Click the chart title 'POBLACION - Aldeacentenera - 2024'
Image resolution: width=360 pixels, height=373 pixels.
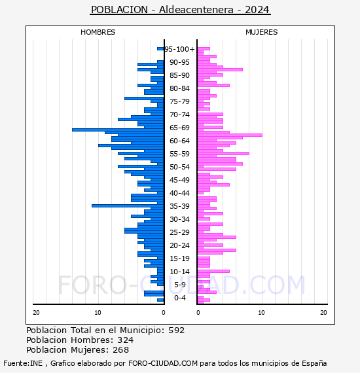[180, 10]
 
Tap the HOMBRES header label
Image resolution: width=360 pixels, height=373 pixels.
[98, 32]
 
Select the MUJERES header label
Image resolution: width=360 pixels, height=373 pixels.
[262, 32]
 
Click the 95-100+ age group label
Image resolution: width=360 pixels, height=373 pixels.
[179, 49]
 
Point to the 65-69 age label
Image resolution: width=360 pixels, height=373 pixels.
[179, 128]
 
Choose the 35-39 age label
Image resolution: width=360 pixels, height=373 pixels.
[179, 206]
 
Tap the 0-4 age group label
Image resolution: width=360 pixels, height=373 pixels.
[180, 298]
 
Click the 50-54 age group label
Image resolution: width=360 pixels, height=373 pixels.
[179, 167]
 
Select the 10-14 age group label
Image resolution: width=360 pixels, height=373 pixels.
[179, 272]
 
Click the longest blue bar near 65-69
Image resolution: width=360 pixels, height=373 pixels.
[118, 130]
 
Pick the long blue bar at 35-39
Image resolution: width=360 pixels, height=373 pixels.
[128, 205]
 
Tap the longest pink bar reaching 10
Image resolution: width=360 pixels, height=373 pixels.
[230, 135]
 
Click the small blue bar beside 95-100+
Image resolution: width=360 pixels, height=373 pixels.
[160, 49]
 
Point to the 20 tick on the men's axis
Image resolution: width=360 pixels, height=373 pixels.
[36, 313]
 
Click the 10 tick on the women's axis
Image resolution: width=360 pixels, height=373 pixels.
[261, 313]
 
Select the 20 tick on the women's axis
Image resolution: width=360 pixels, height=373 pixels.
[323, 313]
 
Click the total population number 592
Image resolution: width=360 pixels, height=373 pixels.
[176, 330]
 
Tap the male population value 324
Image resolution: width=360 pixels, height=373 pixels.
[126, 340]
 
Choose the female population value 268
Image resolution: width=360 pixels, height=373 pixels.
[121, 349]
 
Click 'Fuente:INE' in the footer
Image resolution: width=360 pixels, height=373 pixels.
[23, 363]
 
